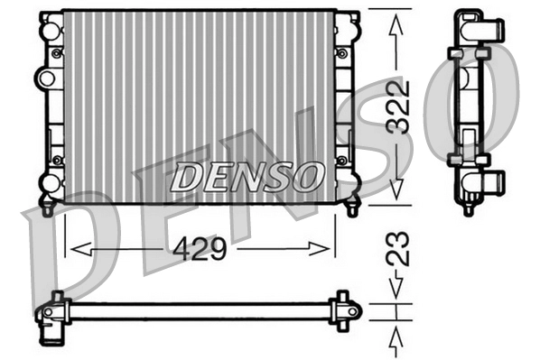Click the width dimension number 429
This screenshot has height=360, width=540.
200,249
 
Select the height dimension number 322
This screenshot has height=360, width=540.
397,107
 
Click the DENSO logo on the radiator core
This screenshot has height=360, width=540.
247,177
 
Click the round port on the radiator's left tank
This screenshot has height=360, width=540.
48,74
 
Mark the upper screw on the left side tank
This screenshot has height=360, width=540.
58,54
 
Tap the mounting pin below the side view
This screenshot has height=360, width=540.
468,209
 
